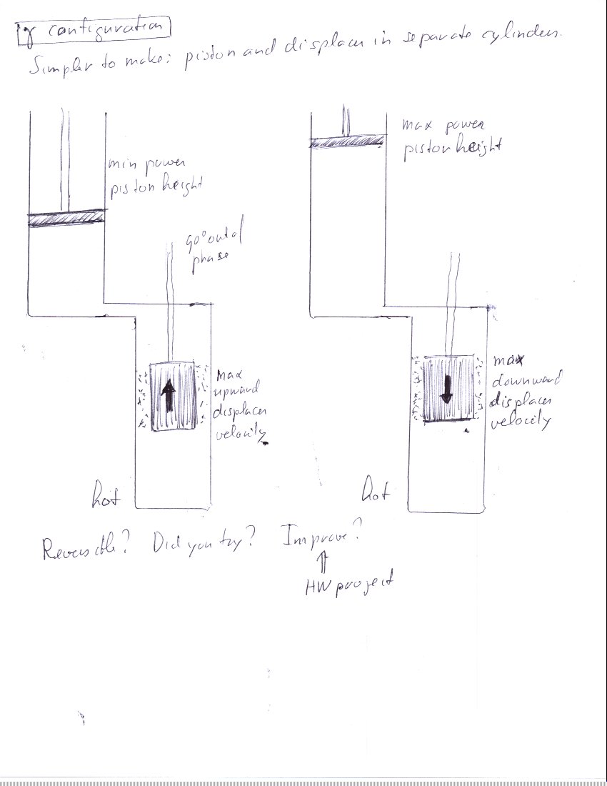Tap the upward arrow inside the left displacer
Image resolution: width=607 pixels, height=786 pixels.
tap(169, 397)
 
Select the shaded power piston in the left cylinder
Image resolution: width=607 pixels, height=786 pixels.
tap(66, 218)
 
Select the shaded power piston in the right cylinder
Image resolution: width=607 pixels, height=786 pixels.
tap(347, 142)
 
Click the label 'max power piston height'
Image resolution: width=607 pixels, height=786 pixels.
tap(442, 136)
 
